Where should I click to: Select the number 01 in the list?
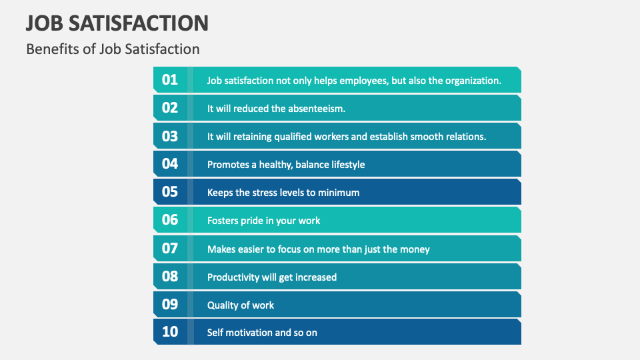tap(170, 80)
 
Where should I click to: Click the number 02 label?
tap(170, 108)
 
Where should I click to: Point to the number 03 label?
tap(170, 136)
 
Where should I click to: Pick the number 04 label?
tap(170, 164)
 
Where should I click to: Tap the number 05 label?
tap(170, 192)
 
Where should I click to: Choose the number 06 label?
tap(170, 220)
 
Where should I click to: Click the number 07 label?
tap(170, 249)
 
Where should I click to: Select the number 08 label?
tap(170, 277)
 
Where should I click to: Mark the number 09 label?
tap(170, 305)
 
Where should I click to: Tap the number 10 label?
tap(170, 332)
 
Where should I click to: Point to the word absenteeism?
tap(317, 109)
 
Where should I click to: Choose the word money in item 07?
tap(415, 249)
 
